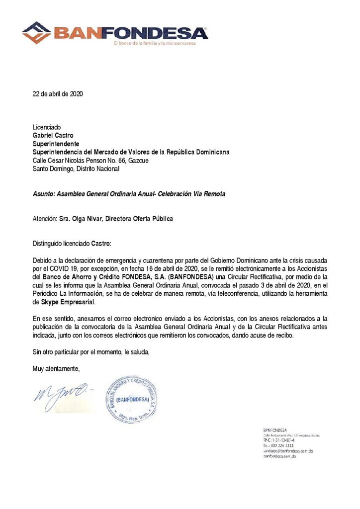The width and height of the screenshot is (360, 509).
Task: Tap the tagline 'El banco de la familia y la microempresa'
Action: [155, 43]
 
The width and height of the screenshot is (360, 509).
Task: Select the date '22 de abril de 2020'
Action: [58, 93]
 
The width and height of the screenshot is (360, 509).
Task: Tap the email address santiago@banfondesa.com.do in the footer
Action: [287, 451]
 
